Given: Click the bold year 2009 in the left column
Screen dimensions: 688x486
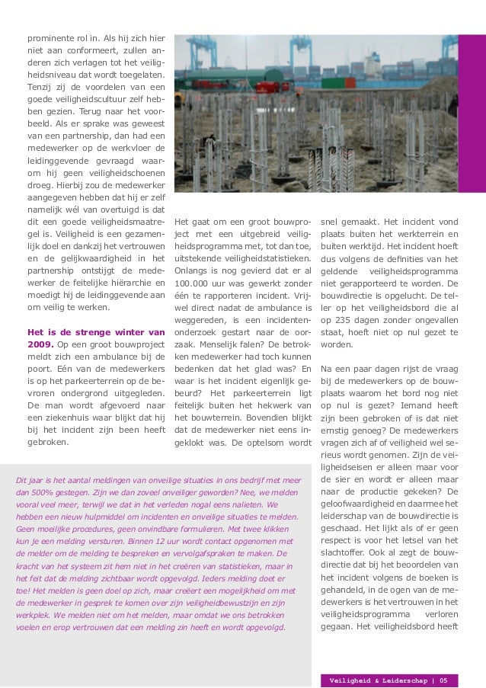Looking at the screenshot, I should click(x=40, y=346).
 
